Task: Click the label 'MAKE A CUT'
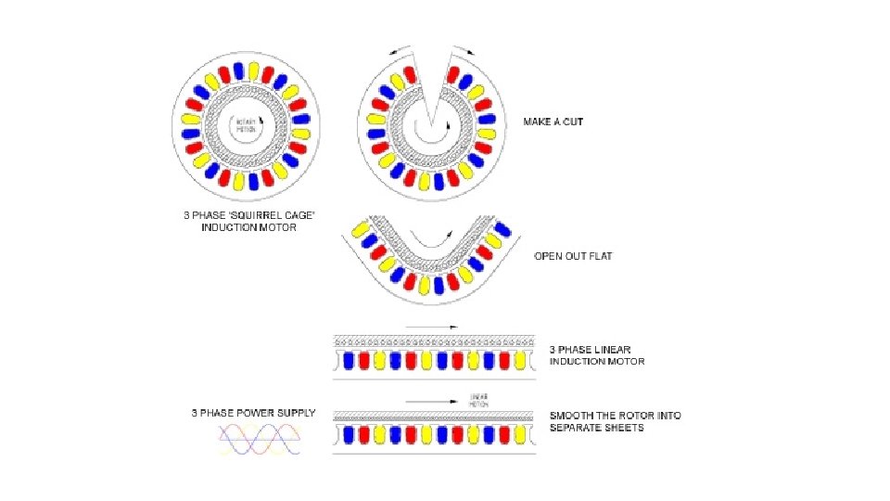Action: (553, 122)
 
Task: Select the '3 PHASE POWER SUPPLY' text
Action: (253, 413)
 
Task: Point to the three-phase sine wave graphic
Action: (260, 438)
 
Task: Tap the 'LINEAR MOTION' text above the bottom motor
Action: (479, 400)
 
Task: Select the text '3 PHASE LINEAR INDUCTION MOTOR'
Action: (597, 354)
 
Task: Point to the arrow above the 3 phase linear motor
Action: (432, 327)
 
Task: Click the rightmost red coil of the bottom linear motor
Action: (504, 434)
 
